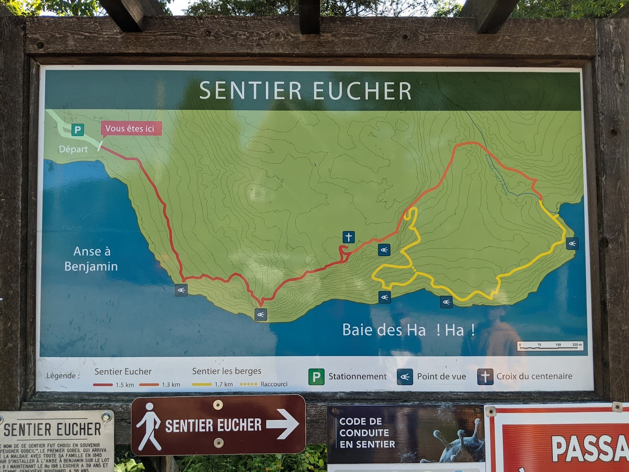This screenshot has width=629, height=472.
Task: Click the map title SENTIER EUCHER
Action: tap(305, 90)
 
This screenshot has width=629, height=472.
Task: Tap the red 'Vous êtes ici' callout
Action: tap(130, 129)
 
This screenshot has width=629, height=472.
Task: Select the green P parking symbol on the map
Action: tap(78, 130)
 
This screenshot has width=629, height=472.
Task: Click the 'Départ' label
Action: tap(74, 149)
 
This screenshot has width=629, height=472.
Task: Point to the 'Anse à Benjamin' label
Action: tap(91, 259)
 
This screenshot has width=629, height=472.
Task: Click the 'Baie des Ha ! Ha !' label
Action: tap(409, 330)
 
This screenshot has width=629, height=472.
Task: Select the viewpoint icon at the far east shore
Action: tap(572, 243)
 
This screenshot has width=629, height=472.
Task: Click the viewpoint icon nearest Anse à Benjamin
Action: tap(181, 290)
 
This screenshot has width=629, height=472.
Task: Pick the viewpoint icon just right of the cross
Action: tap(384, 250)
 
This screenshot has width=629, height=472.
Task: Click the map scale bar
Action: tap(550, 346)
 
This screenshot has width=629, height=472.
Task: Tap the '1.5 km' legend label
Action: tap(125, 385)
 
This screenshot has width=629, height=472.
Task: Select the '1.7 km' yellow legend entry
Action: tap(223, 384)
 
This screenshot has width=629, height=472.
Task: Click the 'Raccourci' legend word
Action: tap(274, 384)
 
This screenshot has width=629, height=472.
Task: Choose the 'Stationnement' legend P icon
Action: tap(316, 376)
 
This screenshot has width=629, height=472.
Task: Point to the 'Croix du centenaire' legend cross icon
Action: tap(485, 376)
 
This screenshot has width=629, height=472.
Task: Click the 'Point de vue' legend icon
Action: tap(405, 377)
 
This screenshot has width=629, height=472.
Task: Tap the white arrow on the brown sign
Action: tap(283, 425)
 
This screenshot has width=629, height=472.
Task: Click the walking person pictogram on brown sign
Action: tap(149, 426)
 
